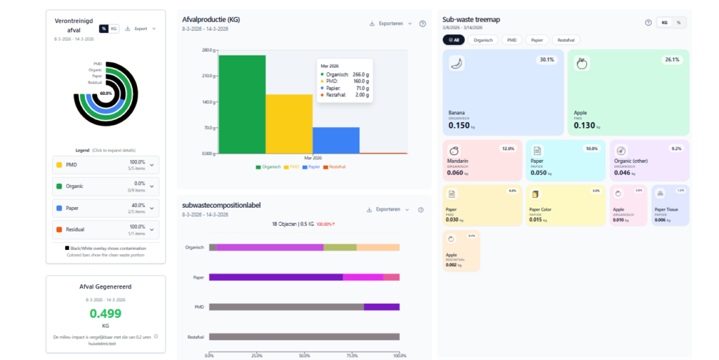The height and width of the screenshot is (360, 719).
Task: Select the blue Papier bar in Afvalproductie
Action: click(336, 140)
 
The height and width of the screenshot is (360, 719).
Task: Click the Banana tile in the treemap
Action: click(503, 92)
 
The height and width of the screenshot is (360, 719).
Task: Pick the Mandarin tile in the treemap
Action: click(482, 161)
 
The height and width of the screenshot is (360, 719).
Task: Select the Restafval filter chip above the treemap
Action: click(566, 40)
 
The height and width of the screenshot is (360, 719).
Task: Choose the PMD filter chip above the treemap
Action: click(512, 40)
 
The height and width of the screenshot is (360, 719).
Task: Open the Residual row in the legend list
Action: click(106, 229)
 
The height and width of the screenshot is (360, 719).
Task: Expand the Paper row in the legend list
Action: click(106, 208)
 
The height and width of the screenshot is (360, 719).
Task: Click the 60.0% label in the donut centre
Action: click(106, 93)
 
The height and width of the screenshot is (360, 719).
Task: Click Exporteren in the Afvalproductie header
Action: click(390, 23)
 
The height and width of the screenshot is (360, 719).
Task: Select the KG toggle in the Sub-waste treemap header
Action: click(664, 22)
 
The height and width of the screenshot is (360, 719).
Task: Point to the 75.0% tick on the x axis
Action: click(352, 355)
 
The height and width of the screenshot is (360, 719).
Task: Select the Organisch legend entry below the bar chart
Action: click(269, 167)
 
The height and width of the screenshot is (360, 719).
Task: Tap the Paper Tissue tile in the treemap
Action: click(670, 206)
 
